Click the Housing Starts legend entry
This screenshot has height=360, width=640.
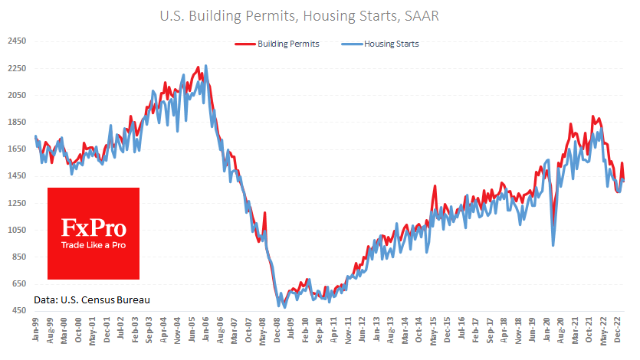click(387, 44)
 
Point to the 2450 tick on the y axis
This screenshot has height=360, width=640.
click(17, 41)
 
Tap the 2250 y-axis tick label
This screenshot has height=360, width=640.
click(17, 68)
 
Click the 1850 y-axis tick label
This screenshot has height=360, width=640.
click(17, 122)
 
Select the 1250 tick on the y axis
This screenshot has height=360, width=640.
click(17, 203)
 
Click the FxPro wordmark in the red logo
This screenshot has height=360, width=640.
click(94, 227)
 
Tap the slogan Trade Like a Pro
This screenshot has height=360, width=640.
click(94, 245)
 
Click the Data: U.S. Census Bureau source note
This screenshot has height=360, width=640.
click(92, 299)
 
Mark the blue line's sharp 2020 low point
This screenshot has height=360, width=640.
click(553, 245)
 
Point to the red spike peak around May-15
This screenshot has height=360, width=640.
click(435, 186)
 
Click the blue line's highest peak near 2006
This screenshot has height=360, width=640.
click(205, 66)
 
